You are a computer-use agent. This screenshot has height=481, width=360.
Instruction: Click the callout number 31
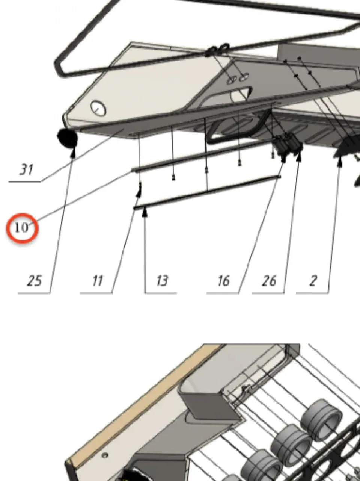(x=26, y=169)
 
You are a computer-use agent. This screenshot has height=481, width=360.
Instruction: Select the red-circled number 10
(x=22, y=228)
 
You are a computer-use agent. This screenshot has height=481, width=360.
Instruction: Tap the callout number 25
(x=35, y=281)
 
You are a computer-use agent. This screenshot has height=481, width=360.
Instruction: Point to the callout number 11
(x=97, y=281)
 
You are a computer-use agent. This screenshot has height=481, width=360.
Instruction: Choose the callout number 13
(x=162, y=281)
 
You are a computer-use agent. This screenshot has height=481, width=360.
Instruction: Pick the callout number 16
(x=224, y=281)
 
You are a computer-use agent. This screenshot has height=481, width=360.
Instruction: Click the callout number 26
(x=269, y=281)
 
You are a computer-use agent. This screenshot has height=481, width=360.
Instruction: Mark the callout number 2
(x=313, y=281)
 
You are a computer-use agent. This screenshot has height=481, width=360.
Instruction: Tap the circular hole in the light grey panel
(x=98, y=108)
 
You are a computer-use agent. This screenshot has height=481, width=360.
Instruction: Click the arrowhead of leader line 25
(x=73, y=152)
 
